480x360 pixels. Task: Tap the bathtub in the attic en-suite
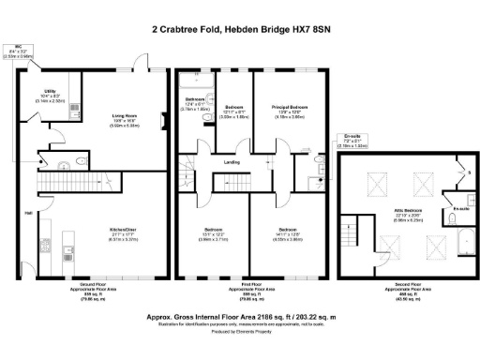pos(452,223)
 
